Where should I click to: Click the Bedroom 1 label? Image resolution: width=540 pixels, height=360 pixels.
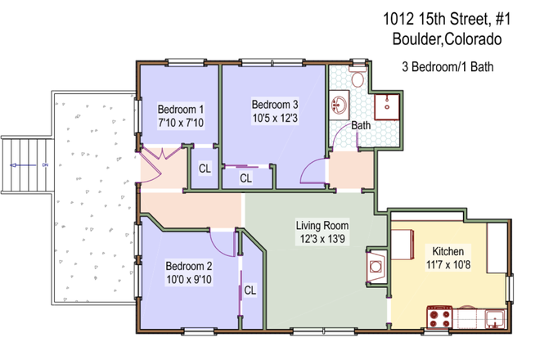tap(180, 109)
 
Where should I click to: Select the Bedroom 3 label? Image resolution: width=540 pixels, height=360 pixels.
tap(274, 104)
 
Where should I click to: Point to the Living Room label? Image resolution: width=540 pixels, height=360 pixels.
tap(322, 226)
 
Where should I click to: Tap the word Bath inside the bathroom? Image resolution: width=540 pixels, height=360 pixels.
tap(361, 126)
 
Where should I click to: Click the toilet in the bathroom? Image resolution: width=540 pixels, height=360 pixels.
tap(357, 79)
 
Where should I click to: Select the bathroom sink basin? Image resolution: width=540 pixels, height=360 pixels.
tap(339, 105)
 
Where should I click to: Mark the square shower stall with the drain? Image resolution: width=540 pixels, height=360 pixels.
tap(383, 105)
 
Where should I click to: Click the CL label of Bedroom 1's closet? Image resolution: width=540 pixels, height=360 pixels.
tap(205, 169)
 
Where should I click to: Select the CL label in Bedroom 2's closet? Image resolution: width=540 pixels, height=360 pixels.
tap(250, 290)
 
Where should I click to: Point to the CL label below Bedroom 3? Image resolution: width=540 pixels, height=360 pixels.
tap(245, 178)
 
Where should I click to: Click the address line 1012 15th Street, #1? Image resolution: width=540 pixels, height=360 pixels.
tap(442, 17)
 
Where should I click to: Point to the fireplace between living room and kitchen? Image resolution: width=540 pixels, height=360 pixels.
tap(375, 267)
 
